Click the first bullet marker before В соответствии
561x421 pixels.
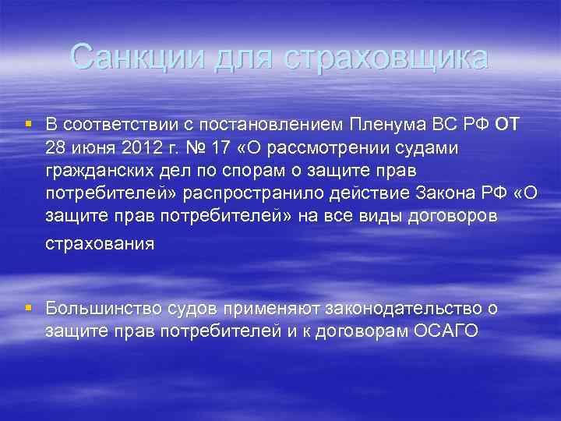29,124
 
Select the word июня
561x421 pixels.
85,148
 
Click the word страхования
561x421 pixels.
100,243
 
